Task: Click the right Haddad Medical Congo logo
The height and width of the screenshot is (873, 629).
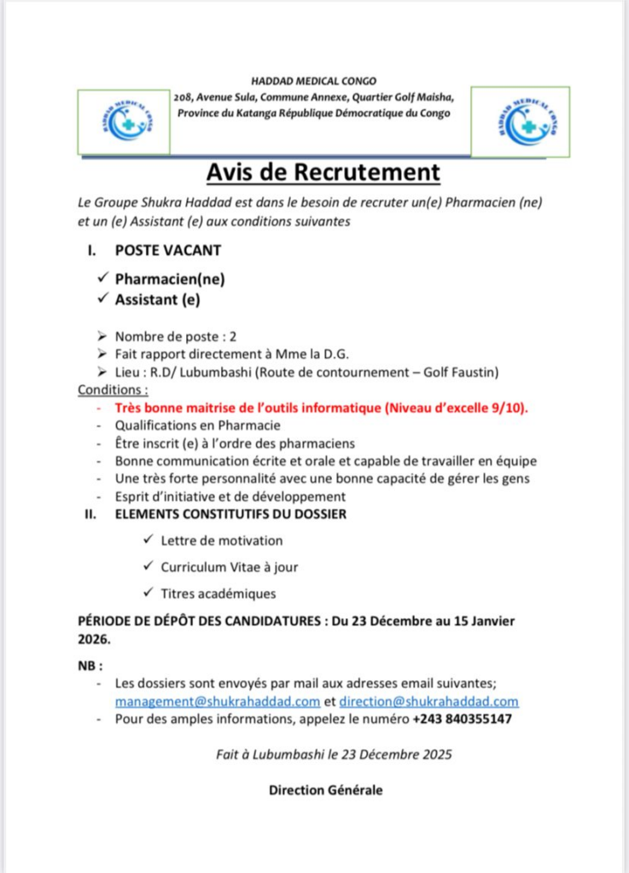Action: point(521,120)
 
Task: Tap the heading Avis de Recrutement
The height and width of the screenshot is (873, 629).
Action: point(323,173)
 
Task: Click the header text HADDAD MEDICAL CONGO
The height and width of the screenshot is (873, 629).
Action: point(314,81)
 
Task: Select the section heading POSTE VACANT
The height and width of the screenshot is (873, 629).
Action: point(168,250)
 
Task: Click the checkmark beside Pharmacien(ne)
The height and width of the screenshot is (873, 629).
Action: point(103,278)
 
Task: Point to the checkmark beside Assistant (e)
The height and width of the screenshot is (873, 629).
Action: point(103,298)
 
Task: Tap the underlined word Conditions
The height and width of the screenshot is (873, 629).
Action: point(112,390)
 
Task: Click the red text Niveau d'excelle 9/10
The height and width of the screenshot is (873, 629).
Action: point(457,408)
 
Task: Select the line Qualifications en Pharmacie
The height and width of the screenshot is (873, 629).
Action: point(197,425)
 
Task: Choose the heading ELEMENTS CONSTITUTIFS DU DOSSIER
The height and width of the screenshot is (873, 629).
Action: point(230,514)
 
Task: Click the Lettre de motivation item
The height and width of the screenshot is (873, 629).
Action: point(221,541)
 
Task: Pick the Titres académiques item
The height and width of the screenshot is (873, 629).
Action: point(218,593)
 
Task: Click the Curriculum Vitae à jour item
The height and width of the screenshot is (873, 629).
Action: point(229,567)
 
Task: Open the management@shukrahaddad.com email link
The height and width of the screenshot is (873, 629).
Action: point(218,701)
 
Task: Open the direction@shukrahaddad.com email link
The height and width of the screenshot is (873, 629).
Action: point(428,701)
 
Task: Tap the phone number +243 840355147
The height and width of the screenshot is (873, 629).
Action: point(462,720)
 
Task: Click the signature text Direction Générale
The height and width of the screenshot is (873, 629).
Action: point(325,790)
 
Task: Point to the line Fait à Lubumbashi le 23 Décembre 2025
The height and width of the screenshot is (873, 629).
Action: point(334,754)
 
